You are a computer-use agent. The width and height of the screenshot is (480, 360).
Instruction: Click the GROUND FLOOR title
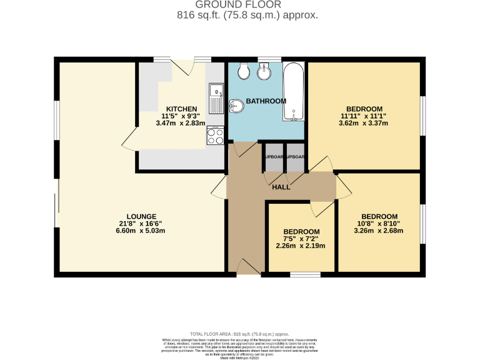point(239,4)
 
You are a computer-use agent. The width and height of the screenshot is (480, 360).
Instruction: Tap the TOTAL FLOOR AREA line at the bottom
point(239,334)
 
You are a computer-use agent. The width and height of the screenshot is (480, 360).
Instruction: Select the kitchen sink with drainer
point(216,98)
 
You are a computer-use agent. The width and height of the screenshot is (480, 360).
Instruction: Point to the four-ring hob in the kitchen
point(216,136)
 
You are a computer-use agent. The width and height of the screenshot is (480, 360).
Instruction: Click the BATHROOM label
point(266,101)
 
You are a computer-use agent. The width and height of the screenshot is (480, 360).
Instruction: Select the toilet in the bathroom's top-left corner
point(244,72)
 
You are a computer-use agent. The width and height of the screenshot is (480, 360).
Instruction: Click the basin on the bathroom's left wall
point(236,107)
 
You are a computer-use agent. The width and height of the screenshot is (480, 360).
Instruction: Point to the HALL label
point(281,187)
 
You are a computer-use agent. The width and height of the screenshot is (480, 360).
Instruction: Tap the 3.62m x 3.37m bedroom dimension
point(364,123)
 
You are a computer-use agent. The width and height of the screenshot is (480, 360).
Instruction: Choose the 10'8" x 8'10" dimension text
point(379,223)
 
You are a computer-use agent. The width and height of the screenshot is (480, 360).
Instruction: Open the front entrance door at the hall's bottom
point(248,268)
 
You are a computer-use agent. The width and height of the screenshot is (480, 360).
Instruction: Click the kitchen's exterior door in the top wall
point(183,66)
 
